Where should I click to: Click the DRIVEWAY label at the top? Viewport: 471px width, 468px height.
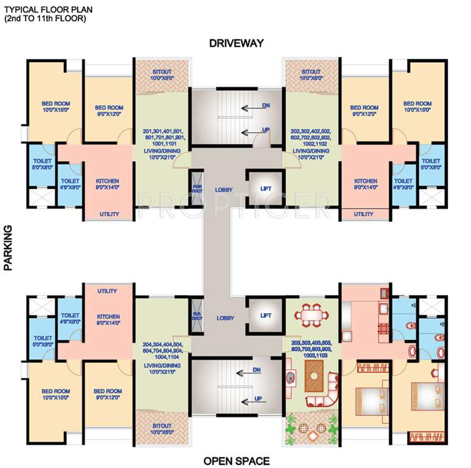(x=236, y=43)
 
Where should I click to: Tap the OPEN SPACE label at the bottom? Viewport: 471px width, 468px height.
(x=236, y=461)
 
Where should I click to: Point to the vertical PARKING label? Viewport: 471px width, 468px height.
(x=9, y=247)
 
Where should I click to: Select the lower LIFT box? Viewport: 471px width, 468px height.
(x=265, y=315)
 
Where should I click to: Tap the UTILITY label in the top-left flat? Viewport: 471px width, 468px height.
(x=108, y=214)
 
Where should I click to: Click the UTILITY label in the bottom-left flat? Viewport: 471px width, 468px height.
(x=108, y=291)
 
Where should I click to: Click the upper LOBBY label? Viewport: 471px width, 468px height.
(x=224, y=190)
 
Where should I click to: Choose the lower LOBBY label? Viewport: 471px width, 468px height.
(x=224, y=319)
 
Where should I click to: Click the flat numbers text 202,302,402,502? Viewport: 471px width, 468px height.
(x=311, y=132)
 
